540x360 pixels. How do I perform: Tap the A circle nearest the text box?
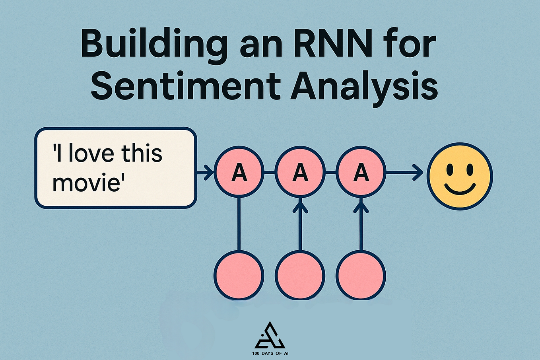239,172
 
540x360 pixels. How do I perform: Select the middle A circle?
300,172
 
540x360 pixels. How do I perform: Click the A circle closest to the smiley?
361,172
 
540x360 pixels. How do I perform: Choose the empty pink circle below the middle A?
300,275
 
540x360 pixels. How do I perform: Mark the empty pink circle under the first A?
239,275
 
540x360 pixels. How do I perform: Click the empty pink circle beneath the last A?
361,275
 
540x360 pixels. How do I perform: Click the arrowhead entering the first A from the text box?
210,172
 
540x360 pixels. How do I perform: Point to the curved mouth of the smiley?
460,189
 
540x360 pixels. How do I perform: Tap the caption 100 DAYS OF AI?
270,353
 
